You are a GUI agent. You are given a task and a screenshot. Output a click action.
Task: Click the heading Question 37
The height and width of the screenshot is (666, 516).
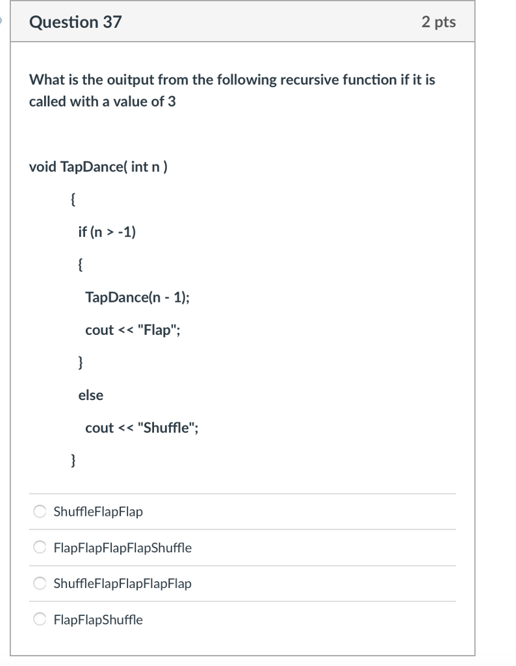pyautogui.click(x=75, y=22)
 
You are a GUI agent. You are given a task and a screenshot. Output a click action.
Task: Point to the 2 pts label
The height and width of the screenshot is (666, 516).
pyautogui.click(x=439, y=22)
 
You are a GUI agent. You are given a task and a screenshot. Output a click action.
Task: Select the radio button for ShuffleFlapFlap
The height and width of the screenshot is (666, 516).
pyautogui.click(x=40, y=512)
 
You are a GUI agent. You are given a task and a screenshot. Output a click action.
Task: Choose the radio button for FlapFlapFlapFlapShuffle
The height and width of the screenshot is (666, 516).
pyautogui.click(x=40, y=548)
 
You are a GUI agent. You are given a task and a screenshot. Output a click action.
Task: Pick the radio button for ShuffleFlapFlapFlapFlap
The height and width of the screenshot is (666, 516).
pyautogui.click(x=40, y=583)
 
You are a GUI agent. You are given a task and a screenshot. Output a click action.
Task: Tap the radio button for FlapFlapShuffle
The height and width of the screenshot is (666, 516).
pyautogui.click(x=40, y=620)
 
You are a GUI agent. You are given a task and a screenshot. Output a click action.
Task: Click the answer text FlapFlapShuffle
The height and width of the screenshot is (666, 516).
pyautogui.click(x=98, y=620)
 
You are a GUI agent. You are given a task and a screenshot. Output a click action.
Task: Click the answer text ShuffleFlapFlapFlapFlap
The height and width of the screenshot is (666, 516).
pyautogui.click(x=122, y=583)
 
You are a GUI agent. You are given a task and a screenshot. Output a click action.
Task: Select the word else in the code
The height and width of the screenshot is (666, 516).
pyautogui.click(x=90, y=395)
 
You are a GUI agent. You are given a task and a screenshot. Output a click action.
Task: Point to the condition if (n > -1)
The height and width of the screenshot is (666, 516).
pyautogui.click(x=107, y=232)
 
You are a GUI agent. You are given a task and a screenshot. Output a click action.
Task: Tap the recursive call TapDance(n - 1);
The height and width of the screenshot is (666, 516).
pyautogui.click(x=138, y=297)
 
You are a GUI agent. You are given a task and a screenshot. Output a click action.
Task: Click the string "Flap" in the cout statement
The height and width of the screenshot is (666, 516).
pyautogui.click(x=156, y=330)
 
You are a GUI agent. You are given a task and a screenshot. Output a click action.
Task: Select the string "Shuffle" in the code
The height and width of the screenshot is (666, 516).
pyautogui.click(x=166, y=427)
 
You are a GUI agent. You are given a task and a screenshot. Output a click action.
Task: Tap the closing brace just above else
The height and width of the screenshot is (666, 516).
pyautogui.click(x=80, y=362)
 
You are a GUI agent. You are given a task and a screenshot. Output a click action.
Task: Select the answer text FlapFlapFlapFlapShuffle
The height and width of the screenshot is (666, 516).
pyautogui.click(x=122, y=548)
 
